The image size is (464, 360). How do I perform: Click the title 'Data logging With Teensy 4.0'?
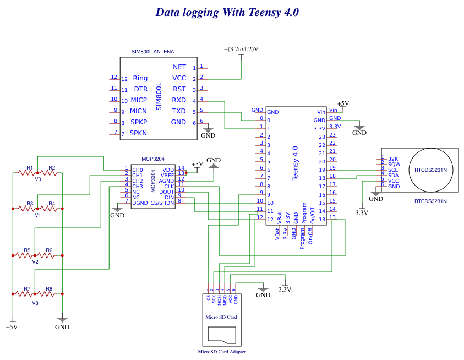pos(227,12)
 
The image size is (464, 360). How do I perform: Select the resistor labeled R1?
pos(26,172)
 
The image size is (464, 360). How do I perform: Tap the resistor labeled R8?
pos(49,293)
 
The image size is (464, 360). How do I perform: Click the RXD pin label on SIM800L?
pos(179,100)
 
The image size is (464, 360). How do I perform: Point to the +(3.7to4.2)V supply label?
pos(241,49)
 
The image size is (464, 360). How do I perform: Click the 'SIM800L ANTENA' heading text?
pos(152,52)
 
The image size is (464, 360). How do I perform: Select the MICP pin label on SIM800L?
pos(139,100)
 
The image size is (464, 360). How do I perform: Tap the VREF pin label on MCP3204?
pos(167,175)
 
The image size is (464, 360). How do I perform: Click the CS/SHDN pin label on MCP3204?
pos(163,203)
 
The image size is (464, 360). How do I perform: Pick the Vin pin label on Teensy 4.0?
pos(321,112)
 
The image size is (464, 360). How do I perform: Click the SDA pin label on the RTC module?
pos(393,175)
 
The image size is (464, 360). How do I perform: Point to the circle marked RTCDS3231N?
pos(431,170)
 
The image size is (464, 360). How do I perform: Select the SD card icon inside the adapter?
pos(222,334)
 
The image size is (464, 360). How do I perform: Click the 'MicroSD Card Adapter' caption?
pos(222,352)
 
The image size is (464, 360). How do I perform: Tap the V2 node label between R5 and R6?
pos(35,262)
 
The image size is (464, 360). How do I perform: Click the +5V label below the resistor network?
pos(12,327)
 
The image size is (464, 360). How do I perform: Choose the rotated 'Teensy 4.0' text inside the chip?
pos(296,163)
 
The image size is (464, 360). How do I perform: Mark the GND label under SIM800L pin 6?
pos(208,135)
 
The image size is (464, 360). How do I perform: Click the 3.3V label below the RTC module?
pos(361,212)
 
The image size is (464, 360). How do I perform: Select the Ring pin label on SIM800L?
pos(140,78)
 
